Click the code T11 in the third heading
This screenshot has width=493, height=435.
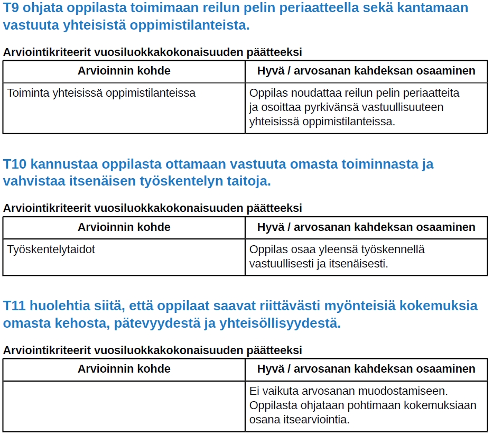[14, 306]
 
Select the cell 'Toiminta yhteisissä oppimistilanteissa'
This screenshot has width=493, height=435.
[101, 94]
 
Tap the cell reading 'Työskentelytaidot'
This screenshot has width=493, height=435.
[51, 249]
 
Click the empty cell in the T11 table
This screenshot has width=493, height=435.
[124, 406]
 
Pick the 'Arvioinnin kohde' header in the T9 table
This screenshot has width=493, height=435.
[124, 71]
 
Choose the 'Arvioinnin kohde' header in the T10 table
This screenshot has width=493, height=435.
[124, 227]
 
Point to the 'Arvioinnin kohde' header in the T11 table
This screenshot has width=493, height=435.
[124, 369]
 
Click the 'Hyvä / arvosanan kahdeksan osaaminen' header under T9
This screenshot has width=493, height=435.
[366, 71]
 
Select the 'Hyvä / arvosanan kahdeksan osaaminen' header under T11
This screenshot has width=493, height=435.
[366, 369]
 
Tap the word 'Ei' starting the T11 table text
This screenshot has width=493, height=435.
[254, 392]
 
